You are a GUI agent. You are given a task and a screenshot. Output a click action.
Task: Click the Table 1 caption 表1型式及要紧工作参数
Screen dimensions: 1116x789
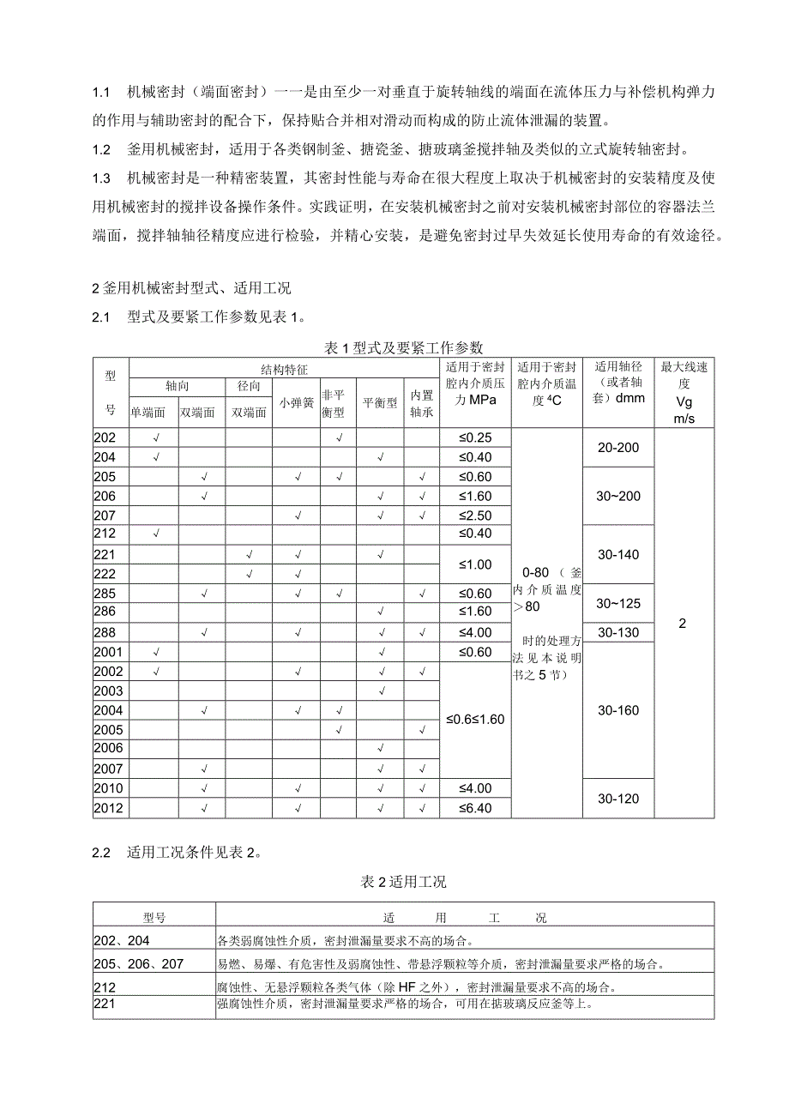pyautogui.click(x=404, y=347)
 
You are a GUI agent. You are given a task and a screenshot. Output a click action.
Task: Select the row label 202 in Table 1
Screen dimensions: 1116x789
pyautogui.click(x=104, y=437)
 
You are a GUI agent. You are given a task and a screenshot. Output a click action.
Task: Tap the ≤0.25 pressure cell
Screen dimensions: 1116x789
pyautogui.click(x=475, y=437)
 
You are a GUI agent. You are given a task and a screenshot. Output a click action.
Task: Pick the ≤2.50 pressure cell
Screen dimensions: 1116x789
pyautogui.click(x=475, y=516)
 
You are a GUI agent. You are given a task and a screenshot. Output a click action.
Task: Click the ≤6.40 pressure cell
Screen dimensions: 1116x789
pyautogui.click(x=475, y=808)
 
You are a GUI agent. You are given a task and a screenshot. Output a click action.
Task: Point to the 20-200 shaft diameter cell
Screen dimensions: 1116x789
pyautogui.click(x=617, y=448)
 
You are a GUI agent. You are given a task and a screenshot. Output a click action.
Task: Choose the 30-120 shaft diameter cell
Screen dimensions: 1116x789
pyautogui.click(x=617, y=799)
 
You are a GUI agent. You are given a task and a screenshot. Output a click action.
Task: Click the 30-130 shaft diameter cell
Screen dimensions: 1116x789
pyautogui.click(x=617, y=632)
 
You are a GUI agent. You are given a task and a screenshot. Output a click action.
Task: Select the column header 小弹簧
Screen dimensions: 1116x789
pyautogui.click(x=296, y=401)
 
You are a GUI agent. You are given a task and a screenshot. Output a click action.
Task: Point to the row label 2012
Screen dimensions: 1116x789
pyautogui.click(x=109, y=808)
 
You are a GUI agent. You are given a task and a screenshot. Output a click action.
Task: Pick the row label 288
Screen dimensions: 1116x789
pyautogui.click(x=104, y=632)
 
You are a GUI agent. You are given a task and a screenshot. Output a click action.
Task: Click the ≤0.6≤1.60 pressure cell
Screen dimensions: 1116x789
pyautogui.click(x=475, y=719)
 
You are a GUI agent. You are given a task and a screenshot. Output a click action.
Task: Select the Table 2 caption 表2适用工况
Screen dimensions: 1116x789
pyautogui.click(x=403, y=881)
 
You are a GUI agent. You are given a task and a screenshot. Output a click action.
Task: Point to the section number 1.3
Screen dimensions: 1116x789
pyautogui.click(x=101, y=178)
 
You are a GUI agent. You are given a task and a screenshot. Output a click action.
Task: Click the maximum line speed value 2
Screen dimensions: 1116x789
pyautogui.click(x=682, y=624)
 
